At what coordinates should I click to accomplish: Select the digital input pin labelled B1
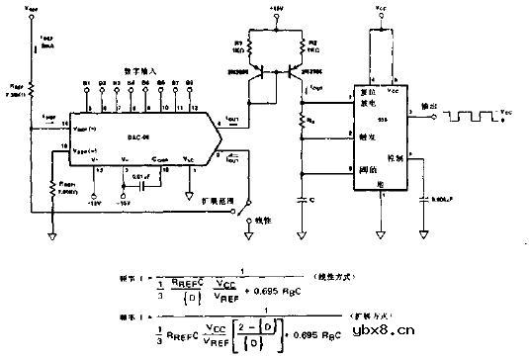pos(85,83)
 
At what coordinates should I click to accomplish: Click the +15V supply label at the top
pos(276,8)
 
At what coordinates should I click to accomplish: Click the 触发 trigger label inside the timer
pos(365,139)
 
